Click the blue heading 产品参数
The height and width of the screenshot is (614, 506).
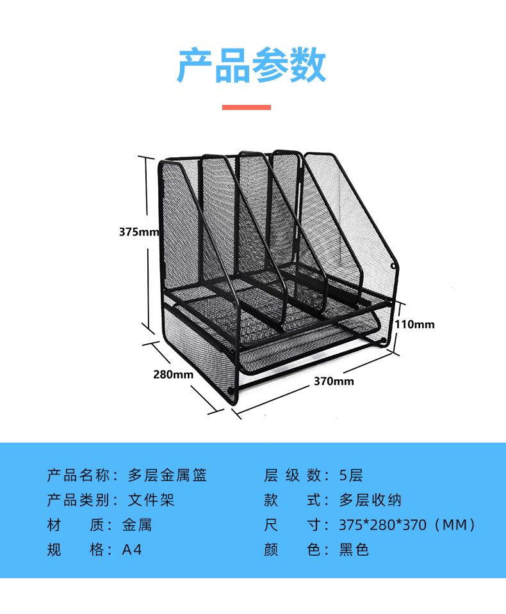tap(251, 65)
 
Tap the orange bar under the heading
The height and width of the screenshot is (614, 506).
tap(247, 107)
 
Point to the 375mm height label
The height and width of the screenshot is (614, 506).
tap(138, 232)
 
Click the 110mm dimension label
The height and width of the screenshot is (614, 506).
tap(414, 324)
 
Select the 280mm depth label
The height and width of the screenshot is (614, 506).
tap(172, 375)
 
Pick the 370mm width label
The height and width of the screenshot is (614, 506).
tap(333, 382)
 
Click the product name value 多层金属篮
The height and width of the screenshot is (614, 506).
tap(167, 475)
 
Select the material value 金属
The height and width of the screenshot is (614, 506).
tap(137, 525)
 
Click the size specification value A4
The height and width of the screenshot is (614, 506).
tap(132, 549)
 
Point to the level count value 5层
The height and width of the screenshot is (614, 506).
tap(351, 475)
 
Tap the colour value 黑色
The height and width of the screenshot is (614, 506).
tap(354, 549)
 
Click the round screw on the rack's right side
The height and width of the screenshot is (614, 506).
tap(393, 266)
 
